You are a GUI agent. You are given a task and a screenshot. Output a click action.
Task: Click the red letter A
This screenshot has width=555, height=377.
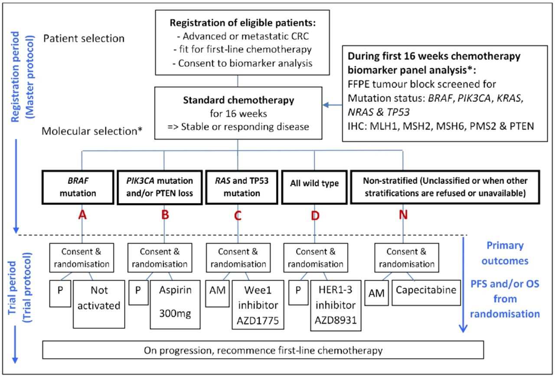point(82,215)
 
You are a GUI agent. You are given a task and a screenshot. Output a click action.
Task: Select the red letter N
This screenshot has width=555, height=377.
point(403,215)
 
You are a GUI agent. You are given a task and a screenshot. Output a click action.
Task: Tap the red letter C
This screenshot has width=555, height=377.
point(238,215)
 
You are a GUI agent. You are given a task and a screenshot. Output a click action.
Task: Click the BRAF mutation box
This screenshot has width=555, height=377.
point(78,187)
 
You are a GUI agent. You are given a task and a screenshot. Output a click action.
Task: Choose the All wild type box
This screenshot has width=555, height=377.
point(314,187)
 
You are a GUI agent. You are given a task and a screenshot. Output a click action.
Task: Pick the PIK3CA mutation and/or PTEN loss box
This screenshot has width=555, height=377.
point(160,187)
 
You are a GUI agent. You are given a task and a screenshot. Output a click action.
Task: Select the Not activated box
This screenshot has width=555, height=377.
point(99,304)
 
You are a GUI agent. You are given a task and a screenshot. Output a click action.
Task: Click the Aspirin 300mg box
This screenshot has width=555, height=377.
point(175,305)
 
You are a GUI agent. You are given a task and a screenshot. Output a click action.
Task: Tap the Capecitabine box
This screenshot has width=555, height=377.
point(426,293)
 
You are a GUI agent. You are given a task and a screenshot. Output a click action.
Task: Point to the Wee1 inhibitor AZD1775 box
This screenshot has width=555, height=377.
point(258,305)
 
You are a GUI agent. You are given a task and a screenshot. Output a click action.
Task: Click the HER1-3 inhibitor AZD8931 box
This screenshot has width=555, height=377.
point(336,305)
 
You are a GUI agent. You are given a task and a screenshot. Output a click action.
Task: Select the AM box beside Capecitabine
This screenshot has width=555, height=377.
point(376,293)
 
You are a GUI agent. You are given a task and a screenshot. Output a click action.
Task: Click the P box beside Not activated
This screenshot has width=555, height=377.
point(60,293)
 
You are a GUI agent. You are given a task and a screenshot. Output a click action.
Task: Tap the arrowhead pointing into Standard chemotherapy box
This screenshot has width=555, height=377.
point(326,105)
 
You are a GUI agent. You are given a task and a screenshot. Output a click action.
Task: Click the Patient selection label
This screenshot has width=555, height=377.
point(84,39)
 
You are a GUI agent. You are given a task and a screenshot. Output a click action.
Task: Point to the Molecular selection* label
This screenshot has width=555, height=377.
point(92,131)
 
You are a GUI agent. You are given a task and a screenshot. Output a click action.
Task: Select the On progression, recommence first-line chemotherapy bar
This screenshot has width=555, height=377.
point(263,350)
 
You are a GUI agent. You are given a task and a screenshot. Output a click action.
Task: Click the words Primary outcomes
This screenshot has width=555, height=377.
point(505,253)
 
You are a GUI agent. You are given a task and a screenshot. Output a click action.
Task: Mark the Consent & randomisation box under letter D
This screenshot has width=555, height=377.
point(316,257)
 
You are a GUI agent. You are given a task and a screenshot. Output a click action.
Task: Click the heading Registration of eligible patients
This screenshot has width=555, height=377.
point(242,23)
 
